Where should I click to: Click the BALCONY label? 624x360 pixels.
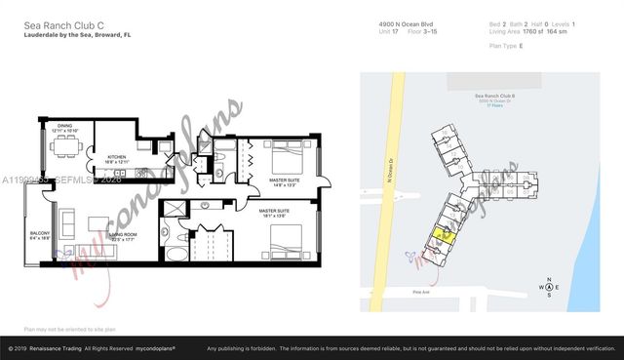(39, 234)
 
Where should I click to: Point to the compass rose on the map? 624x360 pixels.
(549, 286)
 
